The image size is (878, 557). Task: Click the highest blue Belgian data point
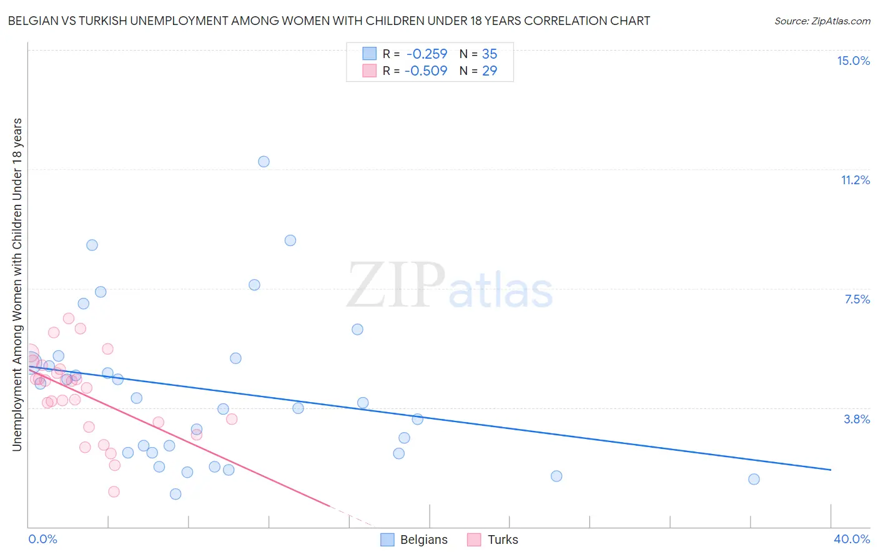[264, 162]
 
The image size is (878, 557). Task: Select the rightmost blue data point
[754, 479]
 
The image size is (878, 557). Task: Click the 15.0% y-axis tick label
[853, 61]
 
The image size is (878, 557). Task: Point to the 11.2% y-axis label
[855, 180]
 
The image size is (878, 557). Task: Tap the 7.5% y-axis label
[857, 299]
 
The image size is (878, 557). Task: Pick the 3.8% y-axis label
[857, 419]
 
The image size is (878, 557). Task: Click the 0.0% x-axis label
[42, 539]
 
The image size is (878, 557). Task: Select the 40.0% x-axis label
[851, 539]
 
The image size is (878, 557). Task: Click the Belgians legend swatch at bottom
[387, 540]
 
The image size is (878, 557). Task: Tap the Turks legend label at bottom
[503, 540]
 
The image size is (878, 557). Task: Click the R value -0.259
[427, 54]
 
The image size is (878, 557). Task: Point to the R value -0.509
[426, 71]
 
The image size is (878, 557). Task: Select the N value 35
[490, 54]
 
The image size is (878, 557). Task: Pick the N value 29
[490, 71]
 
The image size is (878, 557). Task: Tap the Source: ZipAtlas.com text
[822, 21]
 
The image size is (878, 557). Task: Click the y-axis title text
[17, 284]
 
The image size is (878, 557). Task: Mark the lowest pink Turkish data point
[114, 491]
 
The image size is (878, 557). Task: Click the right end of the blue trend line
[831, 469]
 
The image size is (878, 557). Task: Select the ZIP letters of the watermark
[396, 285]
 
